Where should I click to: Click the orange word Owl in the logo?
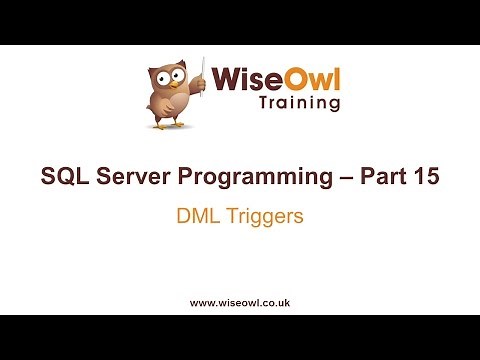coord(309,78)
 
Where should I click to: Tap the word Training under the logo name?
coord(299,103)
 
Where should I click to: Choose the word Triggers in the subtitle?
coord(259,216)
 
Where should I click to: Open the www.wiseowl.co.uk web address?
coord(239,301)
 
